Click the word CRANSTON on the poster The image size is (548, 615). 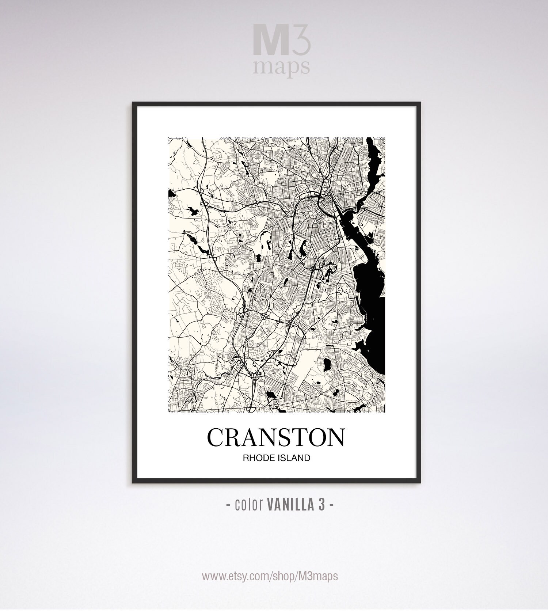[276, 437]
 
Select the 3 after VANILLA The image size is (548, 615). [321, 505]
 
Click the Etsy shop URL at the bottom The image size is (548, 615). [270, 576]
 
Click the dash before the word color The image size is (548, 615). [228, 505]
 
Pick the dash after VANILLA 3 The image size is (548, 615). [331, 505]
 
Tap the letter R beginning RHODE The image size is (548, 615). [246, 458]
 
